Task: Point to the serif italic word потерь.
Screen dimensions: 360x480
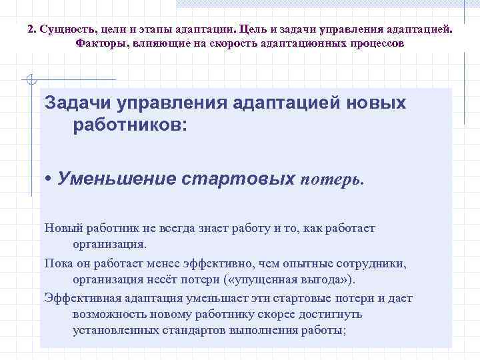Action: [x=333, y=179]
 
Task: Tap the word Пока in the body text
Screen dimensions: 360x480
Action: [x=57, y=263]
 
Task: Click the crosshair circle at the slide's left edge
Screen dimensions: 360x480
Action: [x=28, y=81]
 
